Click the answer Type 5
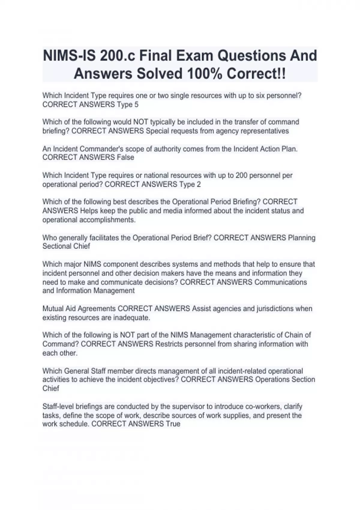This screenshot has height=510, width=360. [x=128, y=105]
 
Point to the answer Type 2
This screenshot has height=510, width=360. [x=190, y=184]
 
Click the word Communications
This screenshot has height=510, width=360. [x=280, y=282]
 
